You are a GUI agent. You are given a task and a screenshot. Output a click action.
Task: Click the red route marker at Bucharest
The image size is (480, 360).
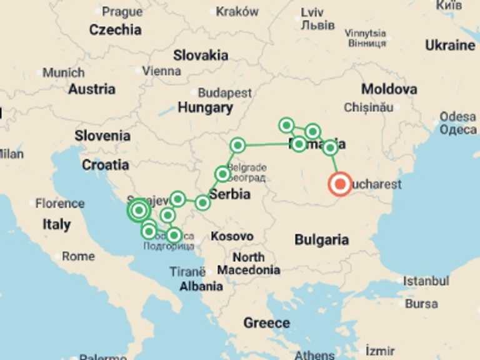339,184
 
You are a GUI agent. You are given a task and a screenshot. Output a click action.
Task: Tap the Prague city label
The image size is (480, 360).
122,11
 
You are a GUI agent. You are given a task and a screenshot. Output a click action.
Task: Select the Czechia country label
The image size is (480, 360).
115,29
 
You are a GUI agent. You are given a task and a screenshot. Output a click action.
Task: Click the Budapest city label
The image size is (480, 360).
224,93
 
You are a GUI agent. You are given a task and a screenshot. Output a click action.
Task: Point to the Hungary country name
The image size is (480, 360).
205,107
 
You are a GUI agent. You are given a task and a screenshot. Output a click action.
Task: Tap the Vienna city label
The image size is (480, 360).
161,71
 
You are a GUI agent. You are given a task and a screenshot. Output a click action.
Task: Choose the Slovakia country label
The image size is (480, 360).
201,55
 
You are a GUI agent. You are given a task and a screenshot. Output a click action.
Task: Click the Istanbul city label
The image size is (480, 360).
425,281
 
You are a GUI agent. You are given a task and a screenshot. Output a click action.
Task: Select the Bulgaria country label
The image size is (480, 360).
321,239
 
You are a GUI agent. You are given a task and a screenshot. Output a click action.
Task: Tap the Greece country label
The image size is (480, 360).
267,323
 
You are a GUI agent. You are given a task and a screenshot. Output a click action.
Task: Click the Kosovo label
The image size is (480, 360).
232,236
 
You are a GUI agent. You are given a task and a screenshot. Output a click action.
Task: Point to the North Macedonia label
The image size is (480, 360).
249,264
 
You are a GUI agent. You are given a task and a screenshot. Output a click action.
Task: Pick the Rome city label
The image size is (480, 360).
78,256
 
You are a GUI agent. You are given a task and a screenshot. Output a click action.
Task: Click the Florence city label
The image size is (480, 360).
59,203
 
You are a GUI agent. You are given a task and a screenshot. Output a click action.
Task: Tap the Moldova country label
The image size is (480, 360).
389,89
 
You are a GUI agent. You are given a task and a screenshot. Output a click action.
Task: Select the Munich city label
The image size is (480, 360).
63,73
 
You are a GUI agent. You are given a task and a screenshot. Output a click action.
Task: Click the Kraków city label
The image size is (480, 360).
237,11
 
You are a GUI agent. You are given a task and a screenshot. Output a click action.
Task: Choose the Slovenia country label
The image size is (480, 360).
102,136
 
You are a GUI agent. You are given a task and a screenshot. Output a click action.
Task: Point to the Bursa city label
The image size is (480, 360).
421,304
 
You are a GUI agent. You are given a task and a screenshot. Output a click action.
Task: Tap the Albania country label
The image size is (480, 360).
201,286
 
